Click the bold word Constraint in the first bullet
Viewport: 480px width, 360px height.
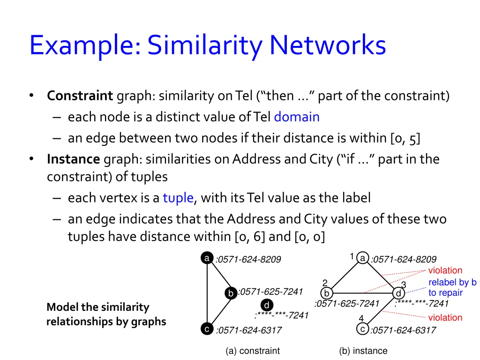click(x=80, y=96)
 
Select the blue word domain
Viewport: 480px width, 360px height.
click(x=297, y=117)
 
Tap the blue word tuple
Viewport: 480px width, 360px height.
click(x=178, y=198)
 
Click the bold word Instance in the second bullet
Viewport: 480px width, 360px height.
click(x=73, y=159)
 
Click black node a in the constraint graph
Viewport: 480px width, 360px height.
click(x=206, y=258)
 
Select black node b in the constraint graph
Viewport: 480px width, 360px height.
click(x=231, y=293)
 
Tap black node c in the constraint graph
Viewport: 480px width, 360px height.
click(x=206, y=329)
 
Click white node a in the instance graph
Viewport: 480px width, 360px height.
click(x=362, y=258)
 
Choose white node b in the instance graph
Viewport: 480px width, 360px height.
click(x=327, y=293)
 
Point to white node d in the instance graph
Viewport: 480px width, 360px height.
click(x=398, y=293)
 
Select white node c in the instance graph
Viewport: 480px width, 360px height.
click(x=362, y=329)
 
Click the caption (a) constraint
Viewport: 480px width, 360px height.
click(x=252, y=351)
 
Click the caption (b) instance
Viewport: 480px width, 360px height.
click(x=363, y=351)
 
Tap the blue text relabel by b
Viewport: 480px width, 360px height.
click(x=452, y=282)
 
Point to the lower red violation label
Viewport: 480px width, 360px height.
click(x=445, y=317)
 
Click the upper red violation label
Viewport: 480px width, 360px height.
click(x=445, y=270)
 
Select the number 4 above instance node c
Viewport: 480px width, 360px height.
click(x=361, y=319)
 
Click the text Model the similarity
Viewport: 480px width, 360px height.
click(x=97, y=307)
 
